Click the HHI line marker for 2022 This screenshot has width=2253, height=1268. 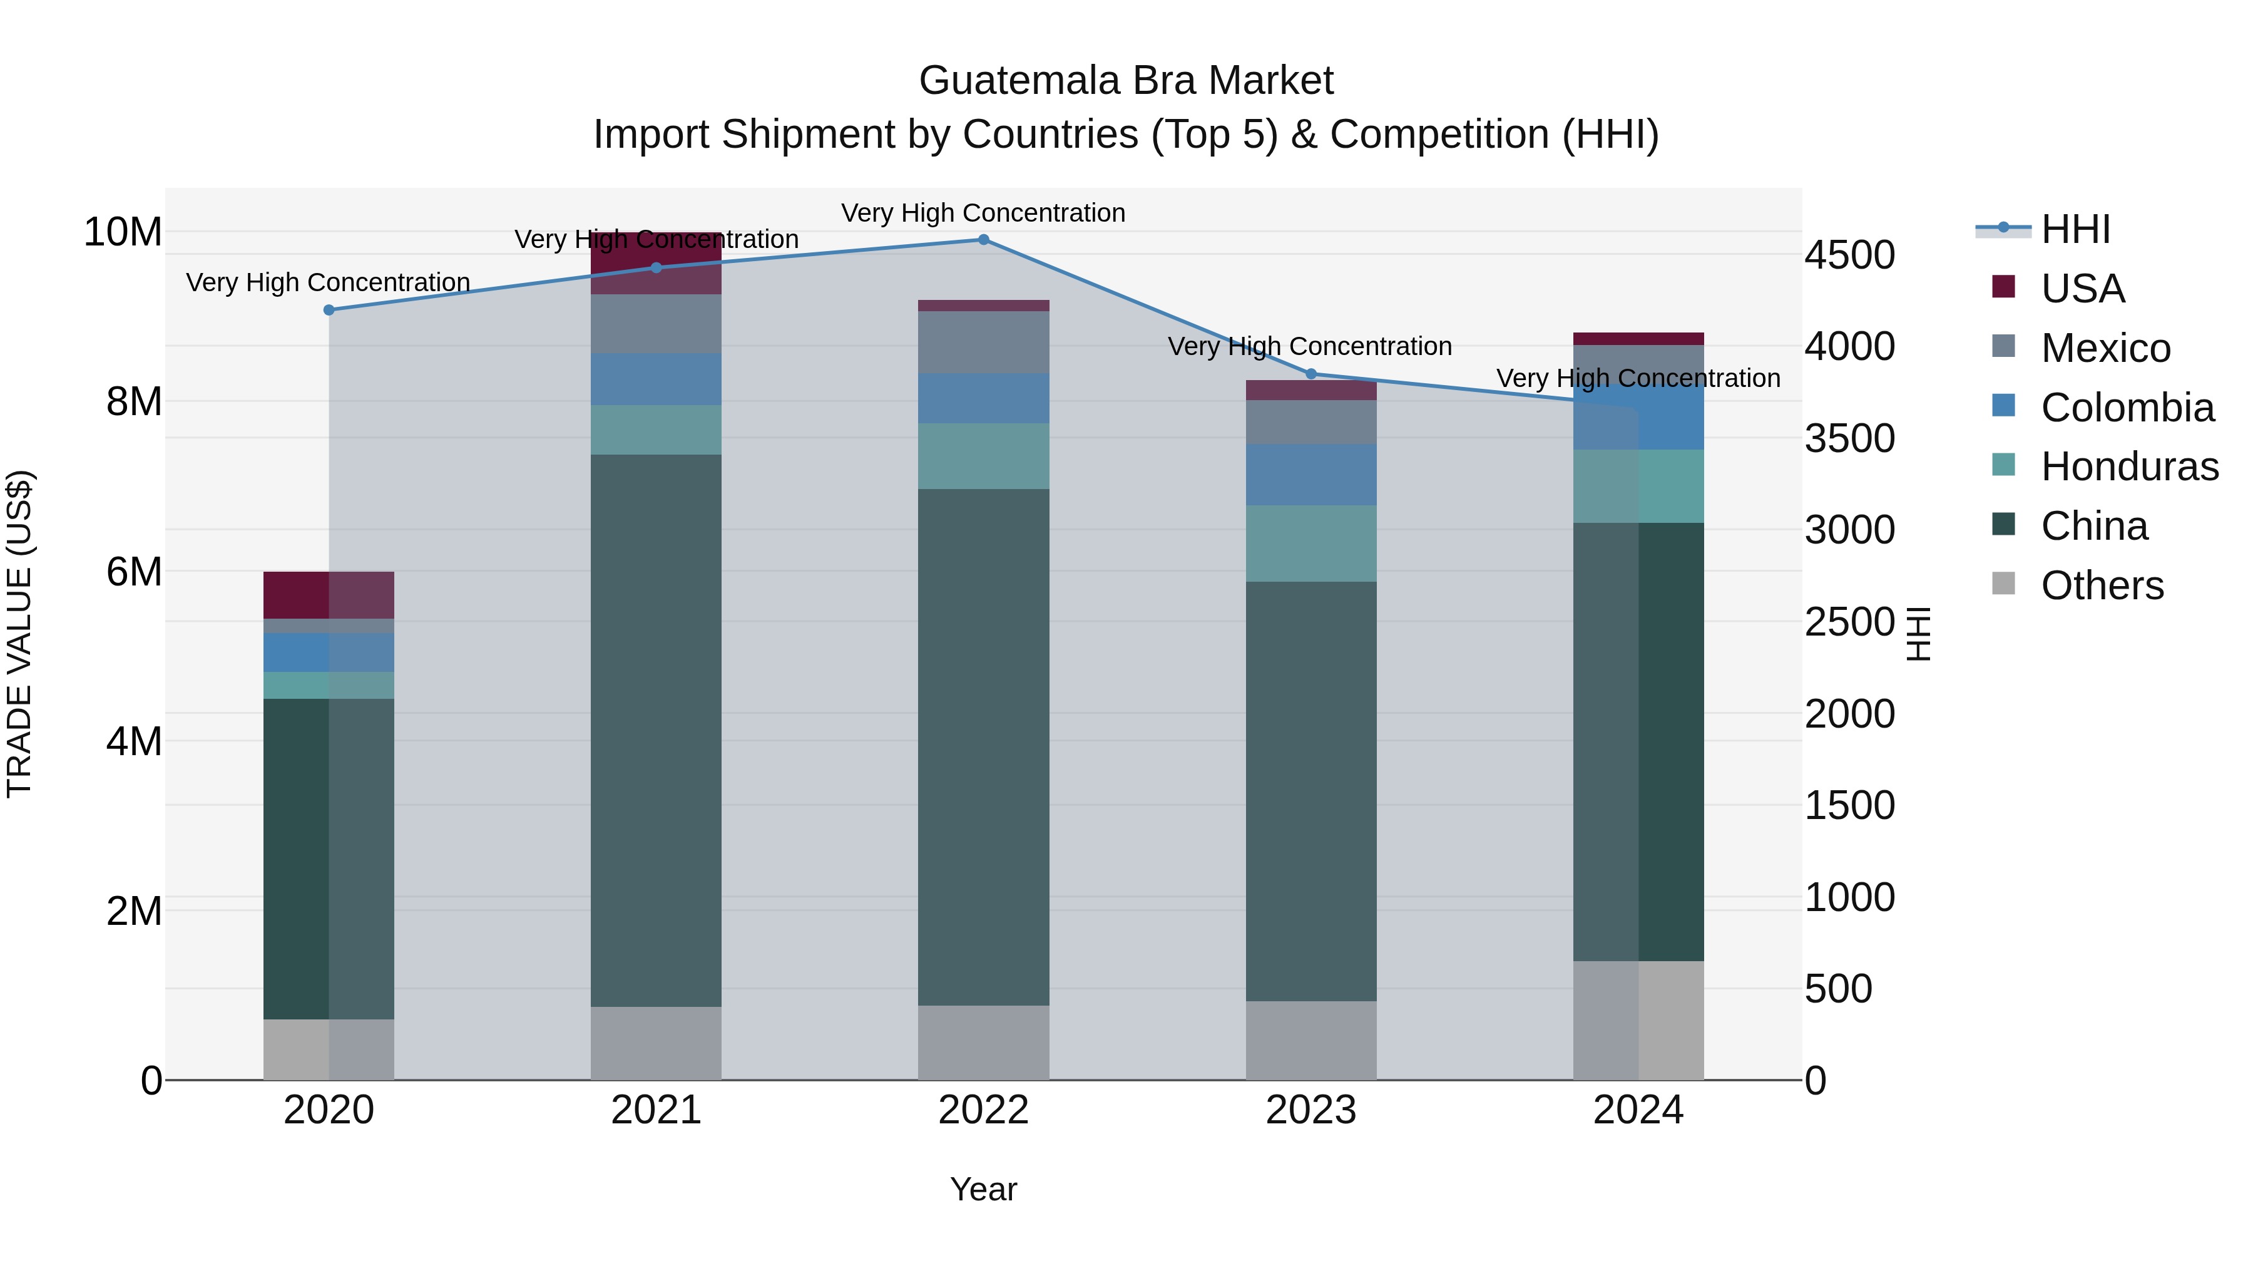[983, 240]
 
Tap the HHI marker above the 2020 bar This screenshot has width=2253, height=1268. [329, 310]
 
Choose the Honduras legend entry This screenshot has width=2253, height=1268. [2129, 466]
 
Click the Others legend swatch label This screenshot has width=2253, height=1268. [2102, 585]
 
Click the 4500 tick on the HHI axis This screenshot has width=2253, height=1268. [1849, 255]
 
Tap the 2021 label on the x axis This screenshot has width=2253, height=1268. [656, 1110]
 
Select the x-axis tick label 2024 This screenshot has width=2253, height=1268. [1638, 1110]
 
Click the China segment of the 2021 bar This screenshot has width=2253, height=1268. [656, 731]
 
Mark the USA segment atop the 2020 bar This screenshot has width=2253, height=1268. [329, 595]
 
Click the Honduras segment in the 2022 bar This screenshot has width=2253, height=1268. [983, 456]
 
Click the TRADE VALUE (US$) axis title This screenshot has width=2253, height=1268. [19, 634]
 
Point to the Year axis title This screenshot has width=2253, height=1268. [983, 1189]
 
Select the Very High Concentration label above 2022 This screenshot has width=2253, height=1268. [983, 213]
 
